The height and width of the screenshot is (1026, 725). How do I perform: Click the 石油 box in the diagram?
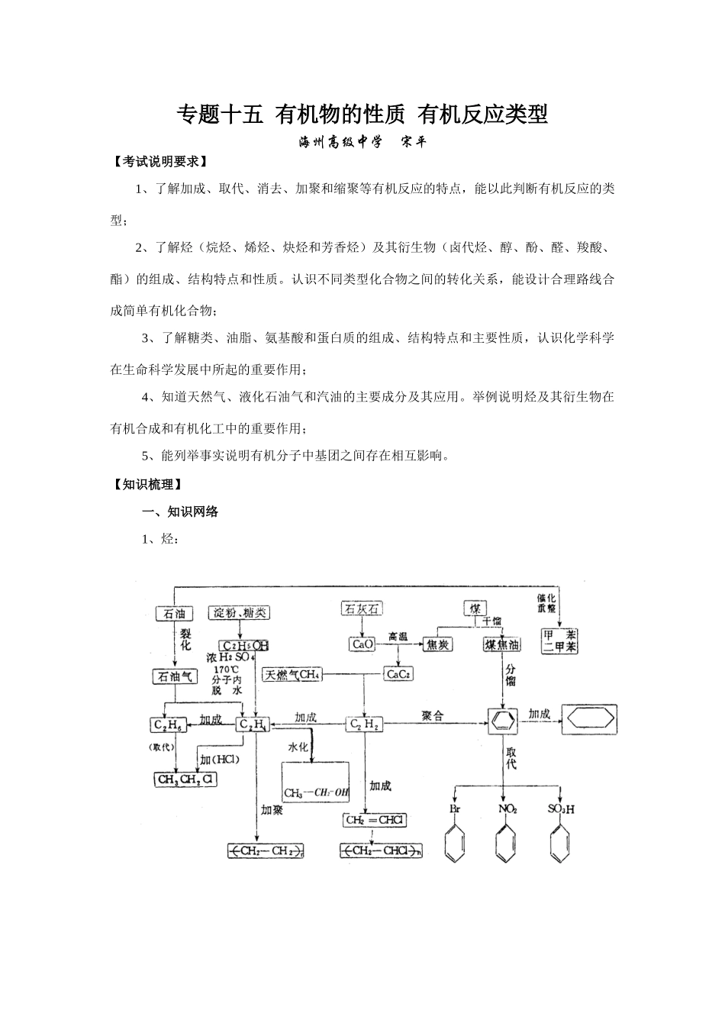pyautogui.click(x=172, y=614)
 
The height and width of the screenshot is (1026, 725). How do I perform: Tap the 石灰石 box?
pyautogui.click(x=360, y=608)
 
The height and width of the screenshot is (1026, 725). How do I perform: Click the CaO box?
pyautogui.click(x=362, y=644)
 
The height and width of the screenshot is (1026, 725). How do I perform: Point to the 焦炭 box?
pyautogui.click(x=437, y=645)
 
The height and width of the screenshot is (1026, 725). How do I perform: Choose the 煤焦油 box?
pyautogui.click(x=502, y=645)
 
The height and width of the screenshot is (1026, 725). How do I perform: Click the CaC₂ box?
pyautogui.click(x=398, y=674)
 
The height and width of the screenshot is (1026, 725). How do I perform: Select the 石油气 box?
pyautogui.click(x=176, y=676)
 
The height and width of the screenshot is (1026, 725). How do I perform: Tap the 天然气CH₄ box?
pyautogui.click(x=292, y=675)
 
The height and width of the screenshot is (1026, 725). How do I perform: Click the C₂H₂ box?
pyautogui.click(x=363, y=724)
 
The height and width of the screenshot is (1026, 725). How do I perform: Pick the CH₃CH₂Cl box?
pyautogui.click(x=186, y=779)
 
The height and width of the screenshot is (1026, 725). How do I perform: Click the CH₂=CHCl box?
pyautogui.click(x=374, y=820)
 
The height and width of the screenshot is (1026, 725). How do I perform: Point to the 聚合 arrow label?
pyautogui.click(x=432, y=716)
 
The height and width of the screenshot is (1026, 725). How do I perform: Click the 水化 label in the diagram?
pyautogui.click(x=298, y=747)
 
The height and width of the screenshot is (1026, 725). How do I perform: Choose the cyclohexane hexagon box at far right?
pyautogui.click(x=589, y=721)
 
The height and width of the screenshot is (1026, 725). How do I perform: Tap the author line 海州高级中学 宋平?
pyautogui.click(x=362, y=142)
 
